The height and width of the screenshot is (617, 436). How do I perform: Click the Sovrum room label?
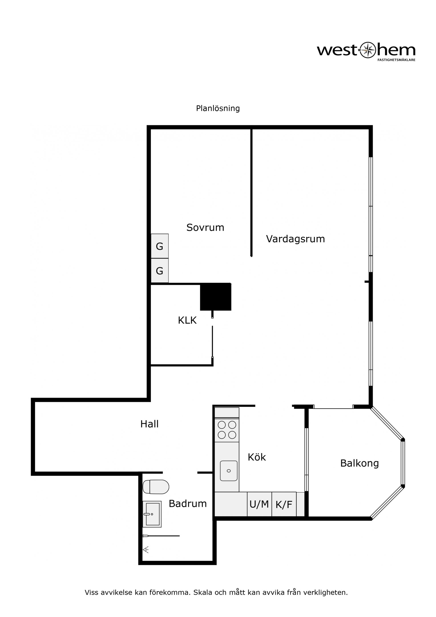click(205, 228)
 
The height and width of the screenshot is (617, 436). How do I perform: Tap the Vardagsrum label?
click(295, 239)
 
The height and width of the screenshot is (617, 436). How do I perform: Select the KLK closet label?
click(187, 320)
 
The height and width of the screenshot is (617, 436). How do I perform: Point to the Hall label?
click(149, 424)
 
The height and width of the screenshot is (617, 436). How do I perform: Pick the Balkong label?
click(359, 463)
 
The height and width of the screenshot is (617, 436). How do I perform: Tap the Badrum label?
click(188, 503)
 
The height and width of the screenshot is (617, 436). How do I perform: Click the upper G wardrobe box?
click(159, 246)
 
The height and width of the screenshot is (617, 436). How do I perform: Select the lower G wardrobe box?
click(159, 271)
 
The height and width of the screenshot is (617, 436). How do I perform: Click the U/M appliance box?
click(259, 504)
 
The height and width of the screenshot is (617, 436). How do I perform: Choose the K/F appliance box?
click(284, 504)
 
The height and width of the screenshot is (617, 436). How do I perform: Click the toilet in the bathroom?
click(156, 487)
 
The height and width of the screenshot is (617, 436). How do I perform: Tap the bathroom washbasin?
click(152, 514)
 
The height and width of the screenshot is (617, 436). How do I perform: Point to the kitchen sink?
click(229, 471)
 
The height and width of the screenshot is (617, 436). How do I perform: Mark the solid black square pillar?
click(216, 297)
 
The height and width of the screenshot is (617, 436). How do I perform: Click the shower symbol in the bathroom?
click(146, 550)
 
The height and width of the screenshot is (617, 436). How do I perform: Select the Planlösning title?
click(218, 108)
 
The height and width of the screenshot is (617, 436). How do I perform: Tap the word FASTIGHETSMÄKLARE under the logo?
click(396, 60)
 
